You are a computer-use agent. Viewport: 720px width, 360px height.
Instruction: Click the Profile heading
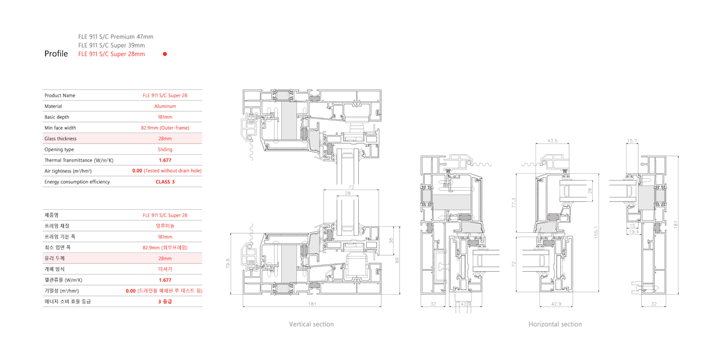coord(56,53)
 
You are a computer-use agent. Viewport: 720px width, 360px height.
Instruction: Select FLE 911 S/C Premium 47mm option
coord(116,37)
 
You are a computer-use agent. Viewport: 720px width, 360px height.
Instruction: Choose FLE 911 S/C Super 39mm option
coord(111,46)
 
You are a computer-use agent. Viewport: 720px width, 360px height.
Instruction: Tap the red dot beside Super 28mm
coord(165,54)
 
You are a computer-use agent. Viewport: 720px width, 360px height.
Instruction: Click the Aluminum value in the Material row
coord(165,106)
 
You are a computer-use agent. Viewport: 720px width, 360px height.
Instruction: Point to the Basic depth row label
coord(57,117)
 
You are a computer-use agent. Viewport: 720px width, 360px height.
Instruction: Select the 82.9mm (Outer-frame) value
coord(165,128)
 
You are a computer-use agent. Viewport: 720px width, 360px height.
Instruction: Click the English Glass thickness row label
coord(60,138)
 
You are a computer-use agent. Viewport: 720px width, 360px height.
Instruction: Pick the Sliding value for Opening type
coord(165,150)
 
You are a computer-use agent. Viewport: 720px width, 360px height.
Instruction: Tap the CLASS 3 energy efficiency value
coord(165,182)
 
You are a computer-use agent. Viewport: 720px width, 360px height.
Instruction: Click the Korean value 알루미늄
coord(165,226)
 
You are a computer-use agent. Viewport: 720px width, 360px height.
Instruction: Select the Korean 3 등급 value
coord(165,301)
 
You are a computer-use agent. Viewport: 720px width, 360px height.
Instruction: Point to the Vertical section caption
coord(311,325)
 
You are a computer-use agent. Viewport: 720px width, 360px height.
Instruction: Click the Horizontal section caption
coord(555,325)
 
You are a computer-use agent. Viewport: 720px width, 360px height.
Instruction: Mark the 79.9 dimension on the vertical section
coord(228,264)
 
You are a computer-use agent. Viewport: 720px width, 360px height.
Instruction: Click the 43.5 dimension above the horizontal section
coord(552,141)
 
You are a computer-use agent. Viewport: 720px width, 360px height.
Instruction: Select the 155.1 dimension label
coord(596,232)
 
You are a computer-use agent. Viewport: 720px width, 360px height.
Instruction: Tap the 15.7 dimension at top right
coord(632,141)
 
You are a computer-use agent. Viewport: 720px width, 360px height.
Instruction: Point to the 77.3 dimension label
coord(514,202)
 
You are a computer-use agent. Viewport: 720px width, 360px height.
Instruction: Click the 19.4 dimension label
coord(633,231)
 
